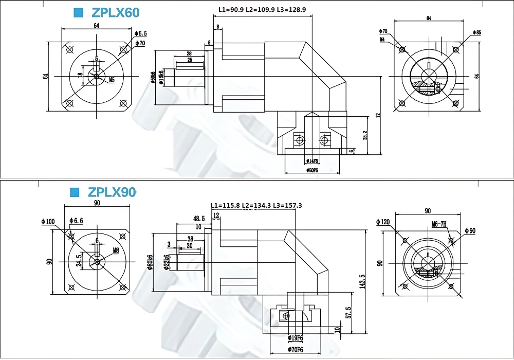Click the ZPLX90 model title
[x=112, y=192]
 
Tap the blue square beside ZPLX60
[x=79, y=13]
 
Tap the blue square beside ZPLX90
[x=75, y=192]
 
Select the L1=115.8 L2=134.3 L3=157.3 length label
[x=256, y=206]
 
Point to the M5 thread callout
[x=112, y=80]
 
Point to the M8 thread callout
[x=116, y=251]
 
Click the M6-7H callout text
[x=439, y=224]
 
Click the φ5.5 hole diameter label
[x=140, y=33]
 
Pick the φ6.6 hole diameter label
[x=76, y=221]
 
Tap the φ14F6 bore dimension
[x=311, y=160]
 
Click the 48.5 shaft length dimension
[x=199, y=219]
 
